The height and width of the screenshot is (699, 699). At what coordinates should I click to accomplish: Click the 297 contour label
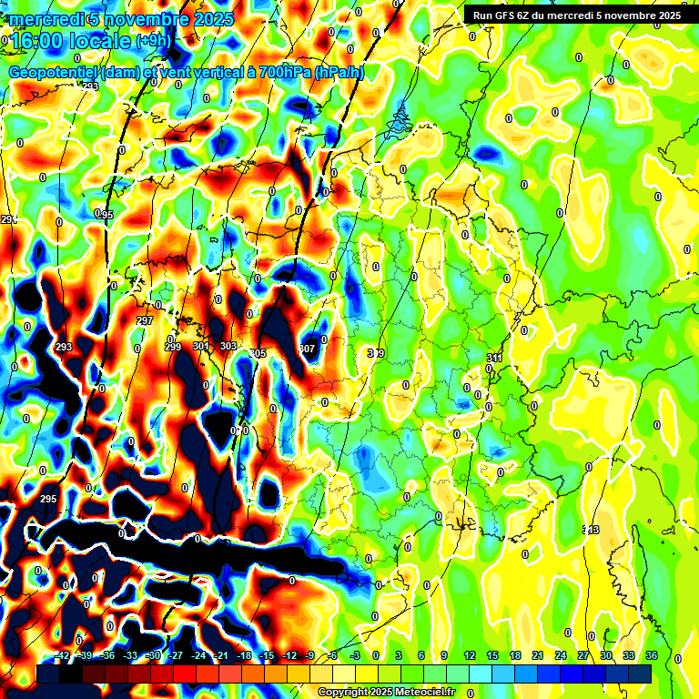(x=144, y=321)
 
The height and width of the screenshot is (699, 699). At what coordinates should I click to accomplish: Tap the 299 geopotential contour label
(x=173, y=347)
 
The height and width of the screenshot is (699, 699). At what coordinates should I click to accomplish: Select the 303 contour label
(x=228, y=347)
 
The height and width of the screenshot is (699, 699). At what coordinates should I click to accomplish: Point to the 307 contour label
(x=307, y=349)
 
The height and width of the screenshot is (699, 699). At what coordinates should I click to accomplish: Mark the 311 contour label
(x=494, y=359)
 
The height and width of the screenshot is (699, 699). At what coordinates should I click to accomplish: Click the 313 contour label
(x=591, y=530)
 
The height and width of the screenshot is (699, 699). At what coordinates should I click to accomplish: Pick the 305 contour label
(x=258, y=353)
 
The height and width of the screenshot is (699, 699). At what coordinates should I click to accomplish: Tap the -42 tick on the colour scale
(x=62, y=655)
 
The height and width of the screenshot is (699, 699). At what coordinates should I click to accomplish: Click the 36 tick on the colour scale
(x=652, y=655)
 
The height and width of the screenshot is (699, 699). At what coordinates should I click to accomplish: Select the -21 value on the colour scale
(x=221, y=655)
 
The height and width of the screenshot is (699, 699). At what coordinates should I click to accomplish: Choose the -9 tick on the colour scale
(x=309, y=655)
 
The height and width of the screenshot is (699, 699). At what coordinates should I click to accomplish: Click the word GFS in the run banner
(x=505, y=15)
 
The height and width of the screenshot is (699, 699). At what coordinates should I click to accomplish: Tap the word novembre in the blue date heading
(x=145, y=19)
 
